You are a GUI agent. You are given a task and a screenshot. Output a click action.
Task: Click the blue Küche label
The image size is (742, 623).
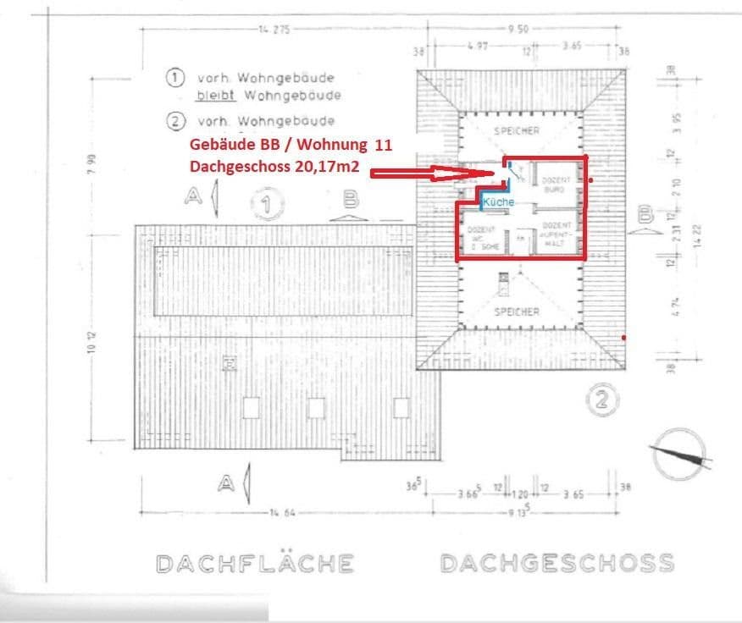coord(499,202)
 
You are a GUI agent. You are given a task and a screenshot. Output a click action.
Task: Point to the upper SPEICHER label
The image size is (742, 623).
coord(517,130)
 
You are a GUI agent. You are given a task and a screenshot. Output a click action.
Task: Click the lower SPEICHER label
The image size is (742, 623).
coord(517,311)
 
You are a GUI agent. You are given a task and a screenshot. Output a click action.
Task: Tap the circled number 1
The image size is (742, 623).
coord(268,204)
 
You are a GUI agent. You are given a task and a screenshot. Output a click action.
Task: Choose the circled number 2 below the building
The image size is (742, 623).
coord(601,401)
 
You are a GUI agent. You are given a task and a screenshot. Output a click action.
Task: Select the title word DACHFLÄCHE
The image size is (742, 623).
coord(255,563)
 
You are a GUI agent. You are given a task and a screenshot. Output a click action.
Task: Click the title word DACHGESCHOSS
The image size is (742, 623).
coord(557,563)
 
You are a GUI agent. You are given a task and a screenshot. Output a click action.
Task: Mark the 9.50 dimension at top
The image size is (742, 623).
coord(518,30)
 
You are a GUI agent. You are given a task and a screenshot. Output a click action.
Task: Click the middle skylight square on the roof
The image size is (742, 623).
coord(316,408)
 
